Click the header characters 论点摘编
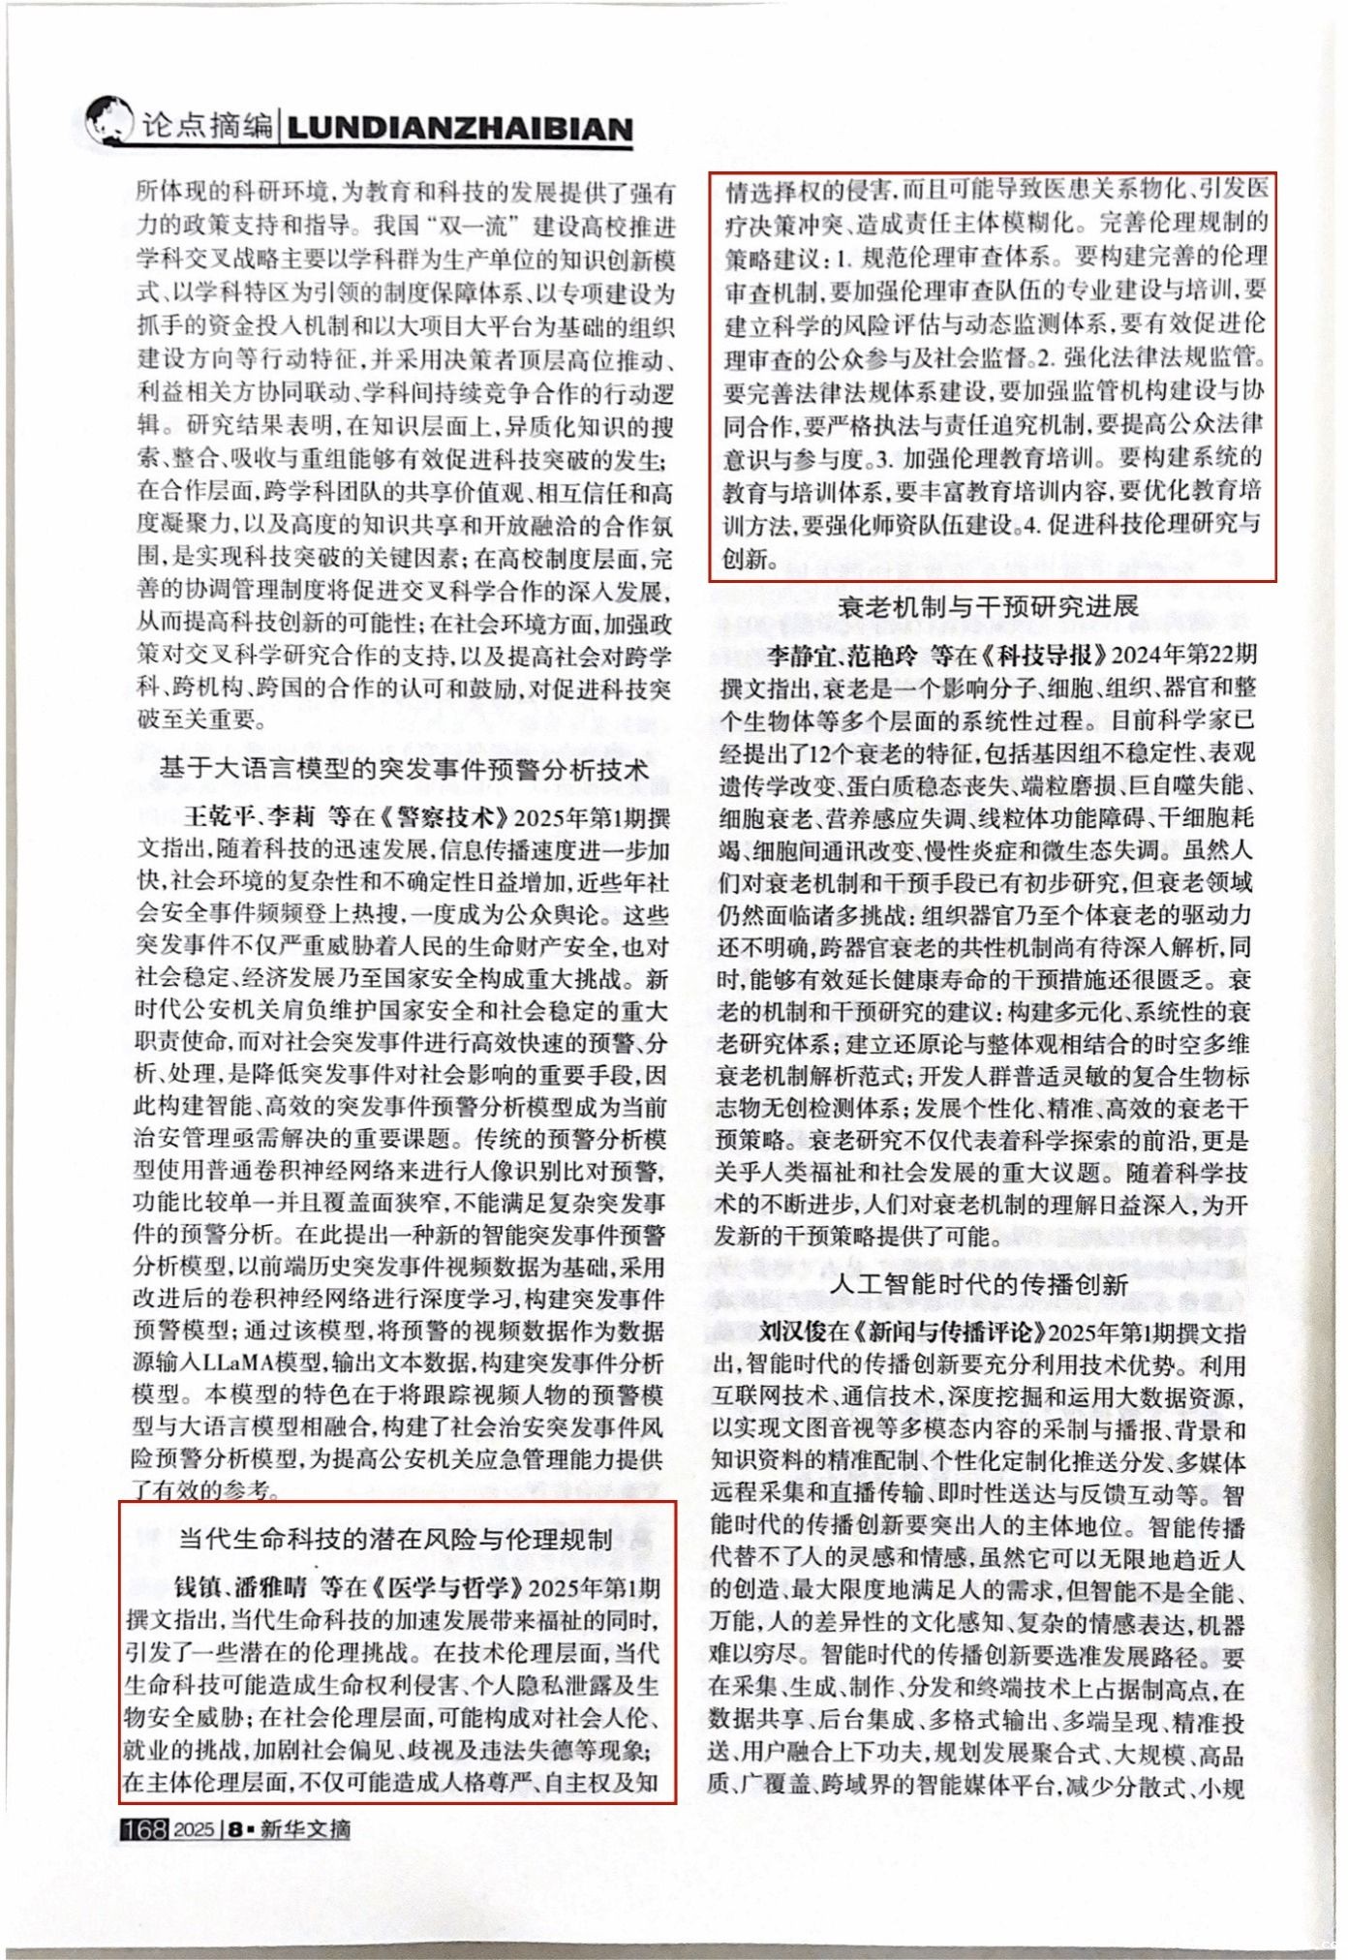tap(206, 126)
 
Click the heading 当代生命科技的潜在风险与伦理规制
tap(396, 1539)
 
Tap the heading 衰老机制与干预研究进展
tap(990, 607)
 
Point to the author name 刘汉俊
tap(797, 1332)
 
